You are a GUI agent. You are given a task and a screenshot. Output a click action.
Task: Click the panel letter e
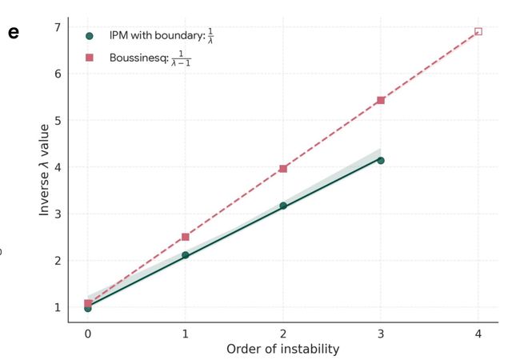tap(13, 34)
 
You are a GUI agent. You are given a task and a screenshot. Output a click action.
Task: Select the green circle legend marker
tap(90, 36)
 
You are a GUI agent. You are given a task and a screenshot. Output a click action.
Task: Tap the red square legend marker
tap(90, 58)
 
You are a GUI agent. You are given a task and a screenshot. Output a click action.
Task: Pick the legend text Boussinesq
tap(136, 58)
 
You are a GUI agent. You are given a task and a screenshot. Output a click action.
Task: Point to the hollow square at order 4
tap(478, 31)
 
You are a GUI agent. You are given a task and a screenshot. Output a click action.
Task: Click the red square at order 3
tap(381, 100)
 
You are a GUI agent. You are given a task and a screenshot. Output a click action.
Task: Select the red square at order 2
tap(283, 169)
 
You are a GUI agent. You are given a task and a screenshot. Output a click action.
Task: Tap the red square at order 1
tap(186, 237)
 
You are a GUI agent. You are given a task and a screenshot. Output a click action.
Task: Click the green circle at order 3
tap(381, 160)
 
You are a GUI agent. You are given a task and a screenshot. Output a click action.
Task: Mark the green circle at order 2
tap(283, 206)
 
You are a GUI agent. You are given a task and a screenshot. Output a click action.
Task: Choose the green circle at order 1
tap(186, 255)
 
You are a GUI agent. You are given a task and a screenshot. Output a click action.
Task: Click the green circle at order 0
tap(88, 308)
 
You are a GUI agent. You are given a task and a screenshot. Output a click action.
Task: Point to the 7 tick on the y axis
tap(57, 27)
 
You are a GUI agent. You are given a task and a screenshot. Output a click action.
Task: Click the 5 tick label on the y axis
tap(57, 121)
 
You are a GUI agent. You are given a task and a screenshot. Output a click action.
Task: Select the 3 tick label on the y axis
tap(57, 214)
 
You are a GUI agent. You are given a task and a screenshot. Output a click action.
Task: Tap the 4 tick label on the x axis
tap(478, 333)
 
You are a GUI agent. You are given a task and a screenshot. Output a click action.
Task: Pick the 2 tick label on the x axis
tap(283, 333)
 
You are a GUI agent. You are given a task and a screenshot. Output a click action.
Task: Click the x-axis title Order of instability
tap(283, 349)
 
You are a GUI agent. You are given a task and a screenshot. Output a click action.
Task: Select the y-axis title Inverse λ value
tap(45, 169)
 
